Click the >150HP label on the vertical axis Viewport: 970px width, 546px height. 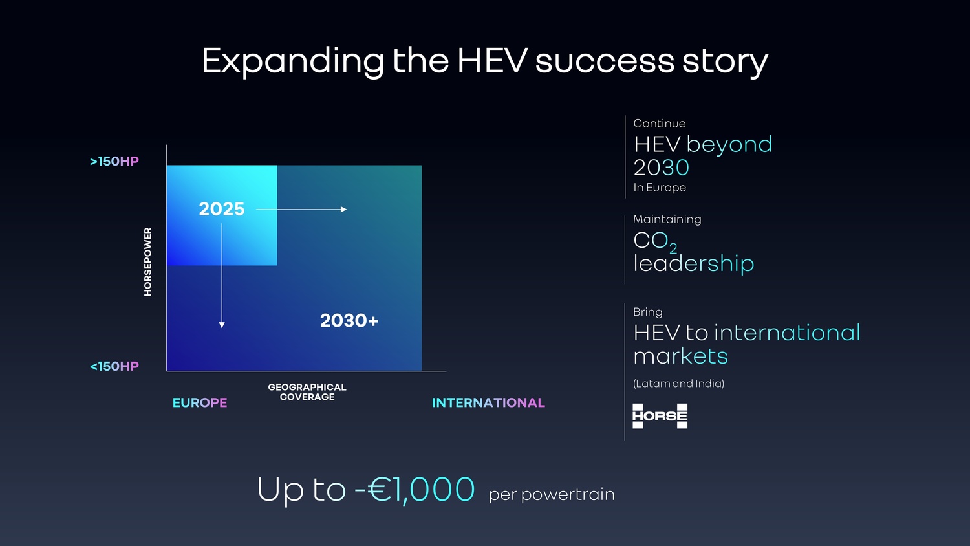tap(114, 161)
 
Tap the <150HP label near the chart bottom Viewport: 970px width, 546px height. tap(114, 366)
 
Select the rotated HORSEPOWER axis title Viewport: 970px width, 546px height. tap(147, 262)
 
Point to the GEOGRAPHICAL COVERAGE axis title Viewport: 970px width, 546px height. tap(307, 392)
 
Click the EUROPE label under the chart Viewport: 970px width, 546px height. tap(200, 402)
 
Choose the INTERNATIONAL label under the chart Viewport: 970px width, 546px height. tap(488, 402)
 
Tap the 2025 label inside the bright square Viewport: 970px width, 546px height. tap(222, 209)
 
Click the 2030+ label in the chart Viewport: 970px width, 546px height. tap(349, 321)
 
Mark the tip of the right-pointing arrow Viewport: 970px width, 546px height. tap(347, 210)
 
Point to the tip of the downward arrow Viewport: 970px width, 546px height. tap(222, 327)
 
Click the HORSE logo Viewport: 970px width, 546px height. tap(660, 416)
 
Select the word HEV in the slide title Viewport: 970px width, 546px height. tap(492, 61)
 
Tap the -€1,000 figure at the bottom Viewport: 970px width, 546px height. tap(415, 489)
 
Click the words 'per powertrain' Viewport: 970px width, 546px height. tap(552, 494)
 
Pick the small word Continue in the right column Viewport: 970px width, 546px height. tap(660, 124)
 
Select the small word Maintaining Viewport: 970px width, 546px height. tap(667, 219)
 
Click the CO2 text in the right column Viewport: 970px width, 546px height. tap(655, 241)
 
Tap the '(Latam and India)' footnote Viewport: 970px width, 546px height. tap(678, 384)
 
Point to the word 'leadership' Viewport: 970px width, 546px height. tap(694, 263)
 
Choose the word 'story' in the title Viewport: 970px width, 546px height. tap(726, 62)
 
